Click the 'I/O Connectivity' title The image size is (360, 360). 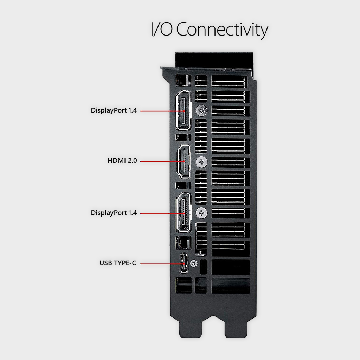[x=210, y=30]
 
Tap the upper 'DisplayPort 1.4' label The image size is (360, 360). [x=114, y=110]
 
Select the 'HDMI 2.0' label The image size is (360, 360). [x=122, y=160]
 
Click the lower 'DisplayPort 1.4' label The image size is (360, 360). [x=114, y=213]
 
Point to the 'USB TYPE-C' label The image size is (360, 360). [x=118, y=263]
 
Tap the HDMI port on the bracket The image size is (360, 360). [x=183, y=161]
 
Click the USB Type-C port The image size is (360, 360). [x=184, y=263]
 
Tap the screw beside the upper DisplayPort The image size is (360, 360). [x=201, y=111]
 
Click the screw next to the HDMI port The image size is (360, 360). [x=201, y=162]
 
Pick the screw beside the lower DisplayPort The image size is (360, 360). [x=201, y=213]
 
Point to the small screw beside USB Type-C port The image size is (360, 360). [x=194, y=263]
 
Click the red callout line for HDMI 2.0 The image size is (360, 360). [x=162, y=161]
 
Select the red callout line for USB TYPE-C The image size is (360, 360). [x=162, y=264]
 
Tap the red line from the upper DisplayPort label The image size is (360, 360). [x=162, y=111]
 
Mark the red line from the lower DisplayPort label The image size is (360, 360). [x=162, y=213]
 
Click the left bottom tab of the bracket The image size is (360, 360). [x=191, y=327]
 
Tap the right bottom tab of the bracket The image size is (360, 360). [x=236, y=327]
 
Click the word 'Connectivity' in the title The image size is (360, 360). [x=222, y=30]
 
